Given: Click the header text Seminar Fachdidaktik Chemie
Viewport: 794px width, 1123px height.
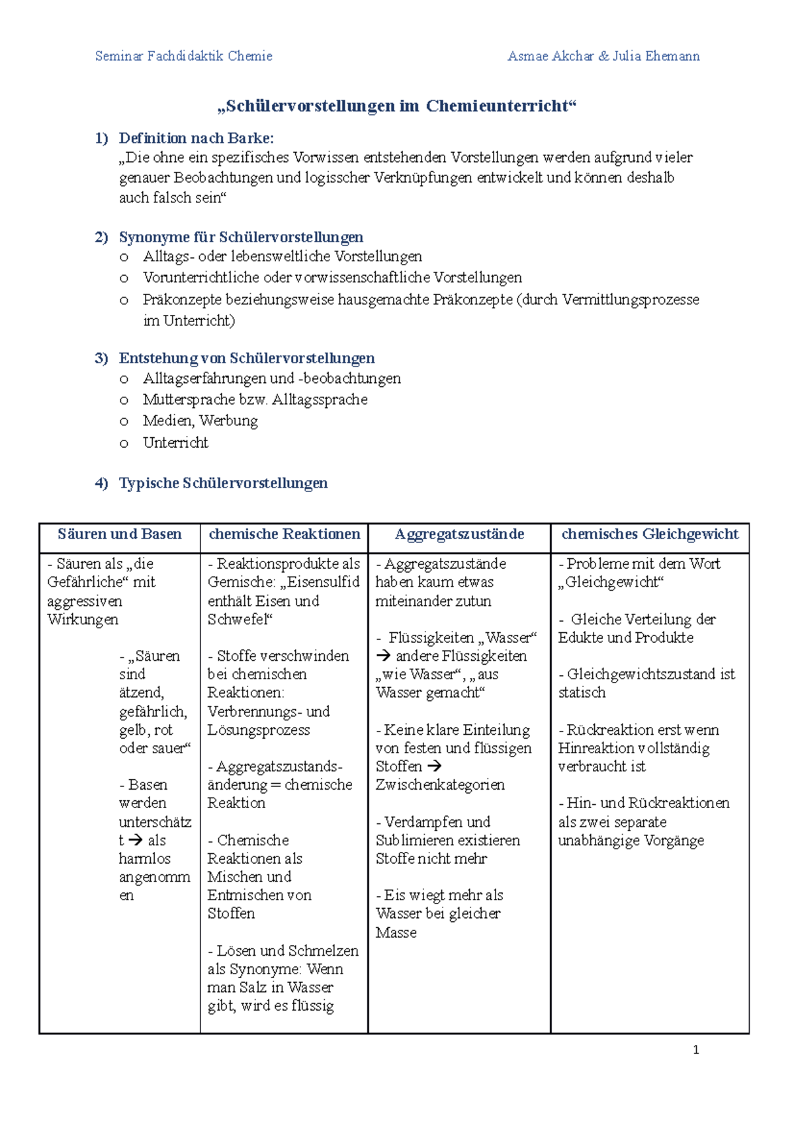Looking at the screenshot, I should (x=183, y=56).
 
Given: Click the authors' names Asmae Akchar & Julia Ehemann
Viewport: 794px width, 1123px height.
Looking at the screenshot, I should (x=603, y=56).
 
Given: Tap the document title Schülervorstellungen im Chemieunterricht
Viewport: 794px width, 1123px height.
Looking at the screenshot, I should (x=397, y=106).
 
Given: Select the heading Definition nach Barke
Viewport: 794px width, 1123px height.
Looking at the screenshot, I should (x=196, y=138).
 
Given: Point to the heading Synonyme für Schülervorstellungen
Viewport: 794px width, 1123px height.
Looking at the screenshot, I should (x=241, y=237).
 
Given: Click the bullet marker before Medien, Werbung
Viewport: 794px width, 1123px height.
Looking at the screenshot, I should (x=124, y=422).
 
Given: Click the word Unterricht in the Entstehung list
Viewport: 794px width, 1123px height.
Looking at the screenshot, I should (x=175, y=442).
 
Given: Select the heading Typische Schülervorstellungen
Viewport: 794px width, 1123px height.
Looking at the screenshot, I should (x=223, y=483).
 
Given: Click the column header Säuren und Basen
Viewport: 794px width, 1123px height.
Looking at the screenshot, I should (x=120, y=534).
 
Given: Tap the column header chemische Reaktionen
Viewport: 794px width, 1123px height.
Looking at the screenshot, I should (x=285, y=534).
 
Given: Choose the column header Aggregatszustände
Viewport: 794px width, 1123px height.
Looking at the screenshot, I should (x=459, y=534).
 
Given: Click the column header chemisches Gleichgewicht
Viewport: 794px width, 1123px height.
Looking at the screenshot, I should (x=650, y=534).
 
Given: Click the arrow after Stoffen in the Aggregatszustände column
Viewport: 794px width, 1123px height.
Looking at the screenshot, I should (x=434, y=767).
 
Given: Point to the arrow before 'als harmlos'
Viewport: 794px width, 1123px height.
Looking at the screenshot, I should (x=136, y=841).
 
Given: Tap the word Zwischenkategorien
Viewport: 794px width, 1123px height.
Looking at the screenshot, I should (x=440, y=785).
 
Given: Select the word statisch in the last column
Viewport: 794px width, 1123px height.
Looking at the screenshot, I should (x=582, y=692).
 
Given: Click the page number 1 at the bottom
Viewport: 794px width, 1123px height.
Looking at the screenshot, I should (x=695, y=1050).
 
